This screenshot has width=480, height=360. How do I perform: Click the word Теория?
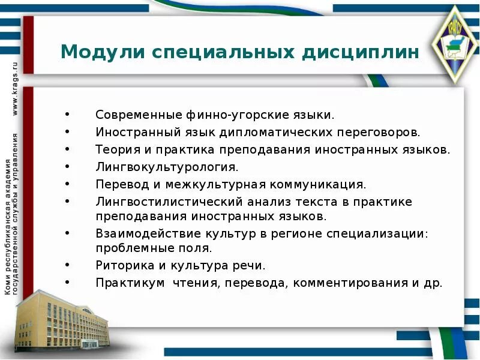point(115,149)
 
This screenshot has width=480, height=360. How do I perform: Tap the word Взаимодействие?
point(139,233)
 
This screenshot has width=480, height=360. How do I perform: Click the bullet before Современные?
point(67,114)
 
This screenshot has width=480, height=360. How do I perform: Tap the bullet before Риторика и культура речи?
point(67,265)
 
